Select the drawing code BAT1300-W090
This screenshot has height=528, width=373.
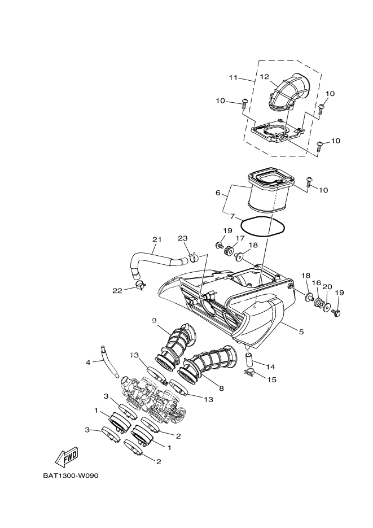coord(71,475)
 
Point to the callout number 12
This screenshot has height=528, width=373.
coord(264,76)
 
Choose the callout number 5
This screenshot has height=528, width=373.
coord(301,332)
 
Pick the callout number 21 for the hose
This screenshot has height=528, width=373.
coord(156,240)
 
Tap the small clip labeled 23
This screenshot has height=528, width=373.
coord(193,258)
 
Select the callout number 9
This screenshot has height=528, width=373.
coord(153,321)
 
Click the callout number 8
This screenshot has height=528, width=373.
coord(221,389)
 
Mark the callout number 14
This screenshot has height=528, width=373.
coord(271,366)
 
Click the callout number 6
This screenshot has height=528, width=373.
coord(217,193)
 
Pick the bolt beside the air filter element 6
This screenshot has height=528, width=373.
coord(309,182)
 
